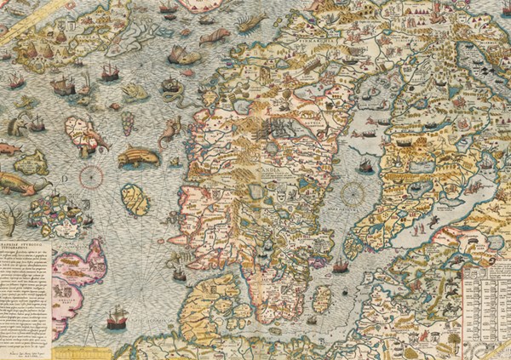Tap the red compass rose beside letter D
coord(91,177)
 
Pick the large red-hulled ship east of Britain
coord(116,321)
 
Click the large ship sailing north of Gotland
coord(340,266)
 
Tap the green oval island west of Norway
coord(134,200)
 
